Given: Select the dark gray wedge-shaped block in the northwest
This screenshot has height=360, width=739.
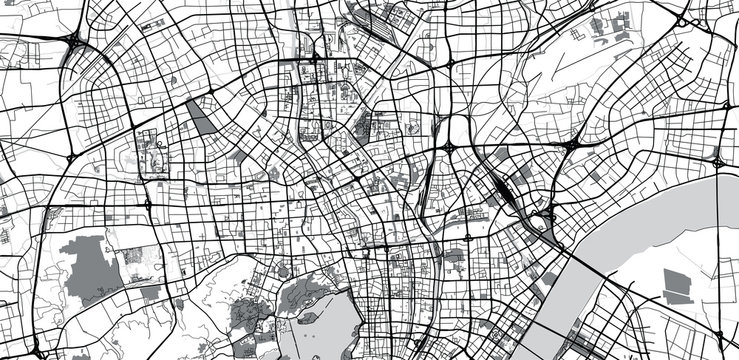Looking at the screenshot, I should tap(200, 118).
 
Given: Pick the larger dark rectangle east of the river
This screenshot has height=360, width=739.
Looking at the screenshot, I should tap(678, 284).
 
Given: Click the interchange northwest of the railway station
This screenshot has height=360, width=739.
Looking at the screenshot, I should tap(449, 148).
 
